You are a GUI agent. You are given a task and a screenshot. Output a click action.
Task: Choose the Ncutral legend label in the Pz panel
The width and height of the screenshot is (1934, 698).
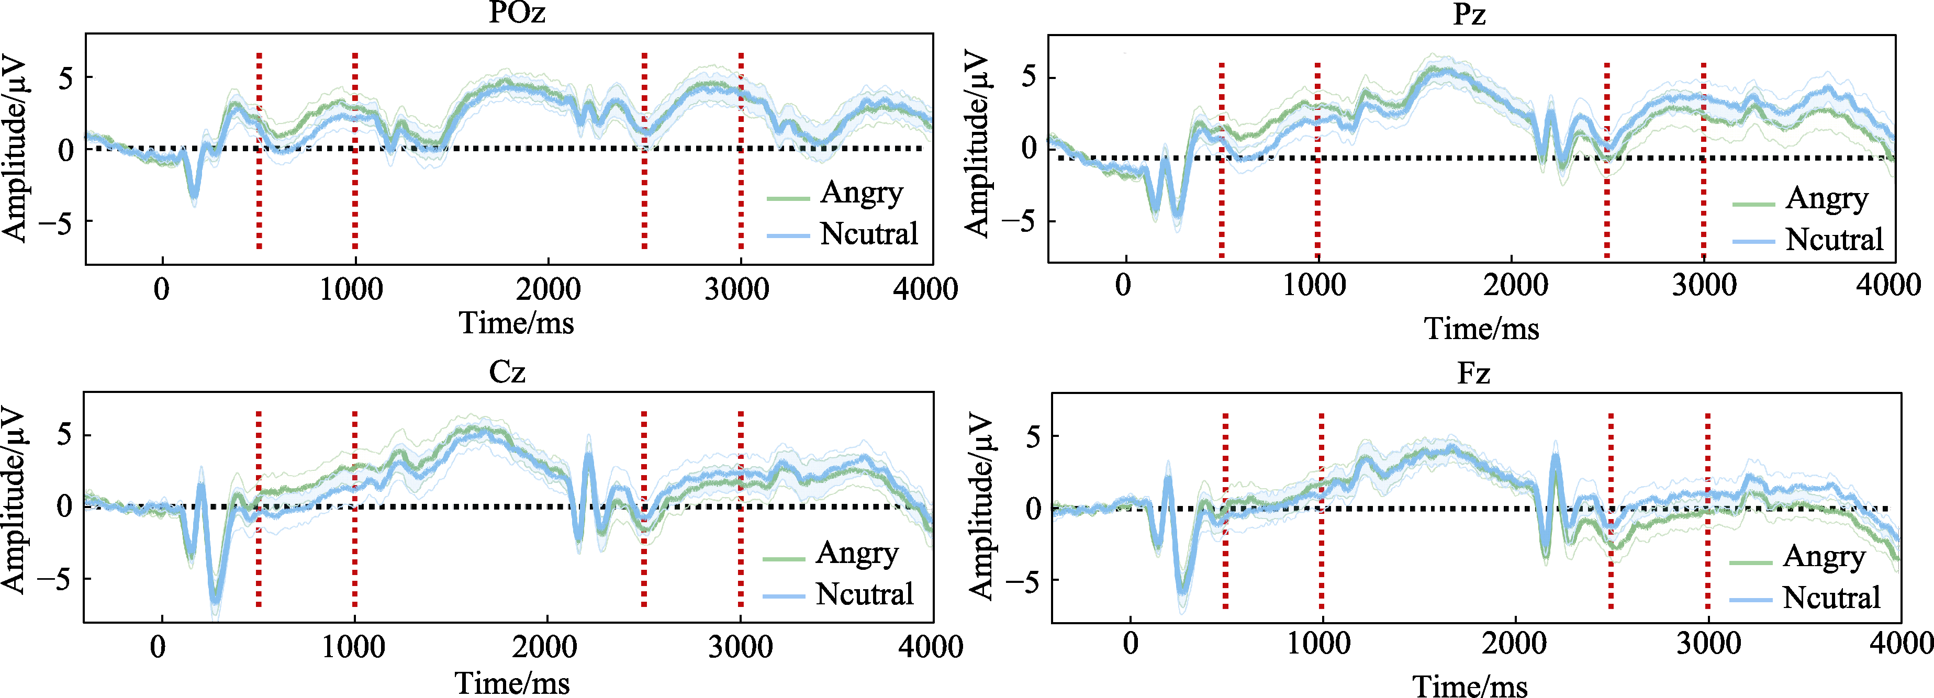tap(1834, 240)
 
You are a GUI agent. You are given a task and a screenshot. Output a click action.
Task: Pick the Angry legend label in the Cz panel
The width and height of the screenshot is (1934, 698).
tap(857, 554)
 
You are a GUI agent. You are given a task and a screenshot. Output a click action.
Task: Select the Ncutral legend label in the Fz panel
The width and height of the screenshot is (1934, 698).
tap(1831, 598)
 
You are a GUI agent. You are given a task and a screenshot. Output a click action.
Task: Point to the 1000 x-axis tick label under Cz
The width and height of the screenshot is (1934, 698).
tap(353, 647)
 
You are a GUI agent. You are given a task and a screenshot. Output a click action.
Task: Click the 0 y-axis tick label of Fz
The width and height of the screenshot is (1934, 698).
tap(1034, 510)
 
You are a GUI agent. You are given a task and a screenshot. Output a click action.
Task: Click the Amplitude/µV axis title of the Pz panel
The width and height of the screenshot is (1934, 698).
tap(976, 144)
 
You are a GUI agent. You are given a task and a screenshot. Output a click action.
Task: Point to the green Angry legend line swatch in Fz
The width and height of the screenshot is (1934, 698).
tap(1751, 561)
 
